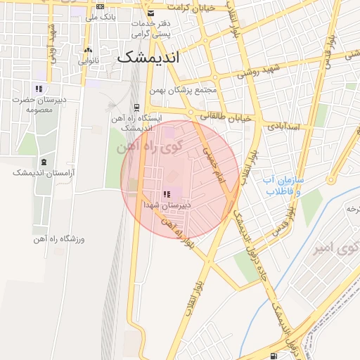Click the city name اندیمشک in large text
[x=148, y=58]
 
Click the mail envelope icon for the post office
[x=150, y=13]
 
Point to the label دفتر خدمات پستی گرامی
[x=150, y=28]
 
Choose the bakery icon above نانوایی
[x=88, y=51]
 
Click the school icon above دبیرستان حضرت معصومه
[x=39, y=89]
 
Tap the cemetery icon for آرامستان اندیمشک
[x=44, y=162]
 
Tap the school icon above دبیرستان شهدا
[x=167, y=195]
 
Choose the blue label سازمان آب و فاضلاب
[x=281, y=185]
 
